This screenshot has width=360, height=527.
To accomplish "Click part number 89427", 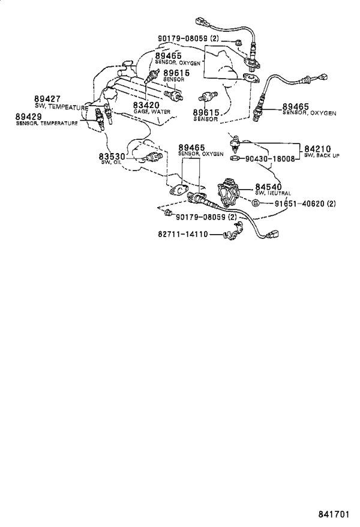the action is point(47,99).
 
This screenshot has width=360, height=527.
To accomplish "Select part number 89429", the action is point(29,116).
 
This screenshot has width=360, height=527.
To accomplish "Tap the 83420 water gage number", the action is point(146,106).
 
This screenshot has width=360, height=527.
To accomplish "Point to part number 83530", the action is point(112,156).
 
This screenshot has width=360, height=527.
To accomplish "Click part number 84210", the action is point(317,149).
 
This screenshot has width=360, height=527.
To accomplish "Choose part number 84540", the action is point(268,187).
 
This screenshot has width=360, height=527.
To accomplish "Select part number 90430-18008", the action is point(270,158).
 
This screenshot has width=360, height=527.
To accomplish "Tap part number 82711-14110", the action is point(183,234).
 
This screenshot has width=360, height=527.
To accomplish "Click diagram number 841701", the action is point(334,514).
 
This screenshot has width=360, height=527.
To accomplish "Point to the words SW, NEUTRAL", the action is point(273,193).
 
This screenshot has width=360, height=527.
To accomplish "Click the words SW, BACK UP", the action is point(322,155).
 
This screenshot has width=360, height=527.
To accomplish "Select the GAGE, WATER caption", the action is point(152,112).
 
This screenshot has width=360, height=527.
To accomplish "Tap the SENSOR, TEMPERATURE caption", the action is point(47,123).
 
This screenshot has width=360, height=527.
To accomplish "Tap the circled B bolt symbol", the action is point(255,203).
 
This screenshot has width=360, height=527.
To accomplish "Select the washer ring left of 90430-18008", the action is point(235,158).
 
